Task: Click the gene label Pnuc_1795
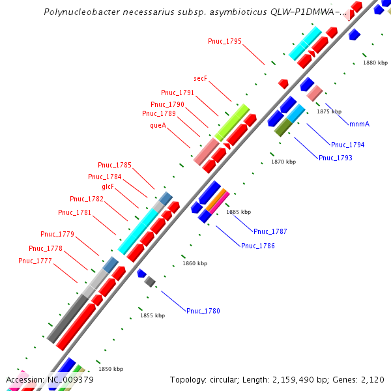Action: (x=225, y=42)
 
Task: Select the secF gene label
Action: (x=200, y=79)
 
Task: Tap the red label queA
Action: (x=158, y=124)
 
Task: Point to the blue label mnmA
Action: (x=359, y=124)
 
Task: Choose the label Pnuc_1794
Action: (x=347, y=145)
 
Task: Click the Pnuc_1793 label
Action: (x=335, y=158)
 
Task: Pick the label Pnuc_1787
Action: (x=270, y=231)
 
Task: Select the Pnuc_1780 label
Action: (x=203, y=311)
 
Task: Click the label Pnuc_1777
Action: (x=35, y=261)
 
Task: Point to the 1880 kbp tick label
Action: (x=375, y=63)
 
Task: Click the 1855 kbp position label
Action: (x=152, y=315)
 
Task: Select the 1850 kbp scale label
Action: (x=111, y=369)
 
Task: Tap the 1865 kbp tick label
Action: (x=238, y=212)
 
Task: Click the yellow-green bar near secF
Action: (x=232, y=120)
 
